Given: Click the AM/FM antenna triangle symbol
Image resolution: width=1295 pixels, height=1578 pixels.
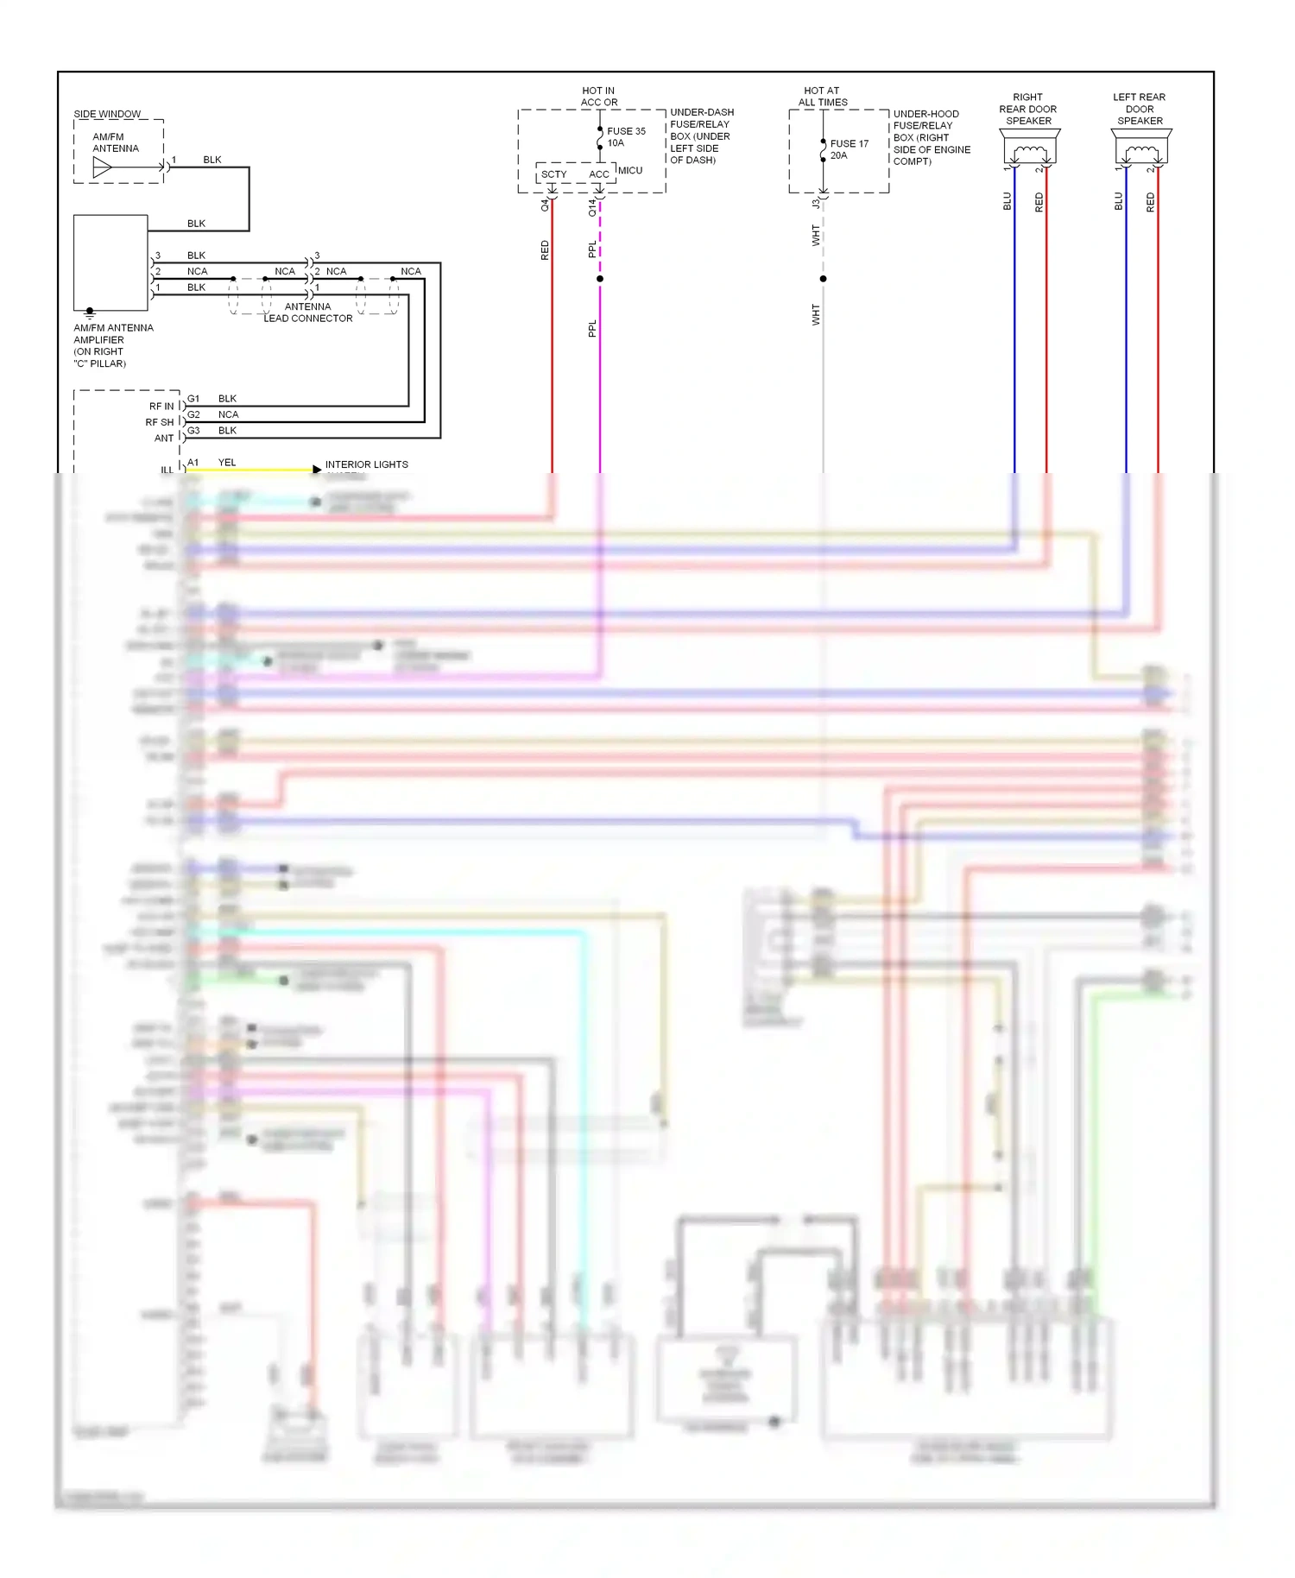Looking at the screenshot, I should (102, 167).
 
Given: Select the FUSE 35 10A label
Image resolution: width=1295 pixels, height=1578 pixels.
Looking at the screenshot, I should (626, 137).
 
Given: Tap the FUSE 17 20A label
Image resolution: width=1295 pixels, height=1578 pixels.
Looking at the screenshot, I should (849, 149).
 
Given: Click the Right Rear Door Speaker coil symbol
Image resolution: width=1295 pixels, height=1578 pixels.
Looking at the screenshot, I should (1029, 154).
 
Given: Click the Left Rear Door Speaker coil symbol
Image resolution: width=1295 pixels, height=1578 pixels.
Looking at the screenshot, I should (1141, 154).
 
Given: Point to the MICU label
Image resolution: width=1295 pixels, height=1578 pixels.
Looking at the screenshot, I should (630, 170).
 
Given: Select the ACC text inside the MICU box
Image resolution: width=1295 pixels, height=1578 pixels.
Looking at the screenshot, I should (598, 174).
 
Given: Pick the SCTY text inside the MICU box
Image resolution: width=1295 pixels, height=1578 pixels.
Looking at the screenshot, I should (553, 174).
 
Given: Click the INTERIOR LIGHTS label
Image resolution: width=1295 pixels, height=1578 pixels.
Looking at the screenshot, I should (366, 464).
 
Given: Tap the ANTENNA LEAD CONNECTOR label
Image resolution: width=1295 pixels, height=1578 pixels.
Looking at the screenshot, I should (308, 312).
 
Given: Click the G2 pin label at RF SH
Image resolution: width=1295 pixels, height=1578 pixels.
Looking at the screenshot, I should (193, 414).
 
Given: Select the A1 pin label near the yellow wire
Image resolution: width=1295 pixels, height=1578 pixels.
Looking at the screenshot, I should (193, 463).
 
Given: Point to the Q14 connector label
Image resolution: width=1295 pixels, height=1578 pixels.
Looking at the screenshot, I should (592, 207).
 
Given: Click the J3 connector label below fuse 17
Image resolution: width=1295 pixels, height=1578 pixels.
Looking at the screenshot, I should (815, 205).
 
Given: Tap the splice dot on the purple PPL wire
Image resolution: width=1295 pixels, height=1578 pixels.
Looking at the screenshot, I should (600, 279).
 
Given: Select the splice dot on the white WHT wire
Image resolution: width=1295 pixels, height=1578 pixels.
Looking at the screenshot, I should (823, 279).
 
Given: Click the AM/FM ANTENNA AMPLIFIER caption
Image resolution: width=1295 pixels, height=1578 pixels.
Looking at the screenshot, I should (112, 345).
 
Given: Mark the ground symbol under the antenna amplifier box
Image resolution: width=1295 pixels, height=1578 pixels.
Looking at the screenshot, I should (90, 313).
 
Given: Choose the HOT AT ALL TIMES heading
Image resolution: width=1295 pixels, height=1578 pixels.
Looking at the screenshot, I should (822, 96).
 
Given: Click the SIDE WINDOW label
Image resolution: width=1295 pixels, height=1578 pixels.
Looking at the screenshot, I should (107, 114).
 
